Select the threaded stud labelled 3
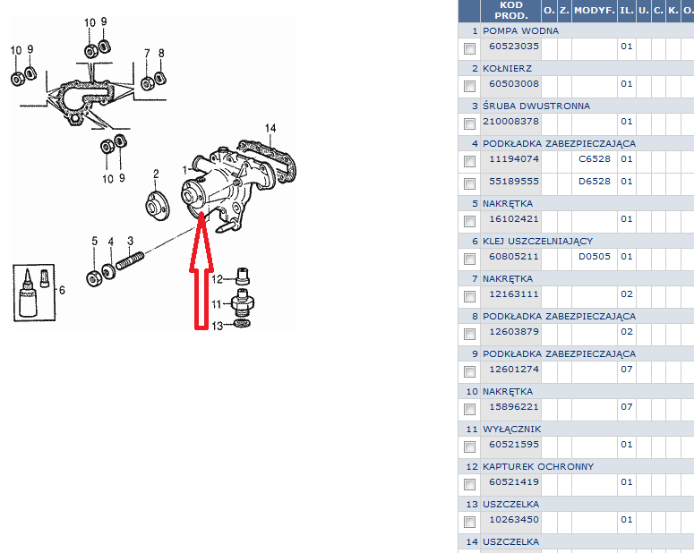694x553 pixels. tap(130, 259)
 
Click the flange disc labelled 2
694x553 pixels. tap(157, 205)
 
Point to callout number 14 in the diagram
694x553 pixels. tap(270, 128)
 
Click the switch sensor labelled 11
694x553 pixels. tap(243, 302)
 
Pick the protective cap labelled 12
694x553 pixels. tap(243, 276)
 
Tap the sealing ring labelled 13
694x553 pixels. tap(242, 323)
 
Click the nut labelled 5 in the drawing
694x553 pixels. tap(94, 278)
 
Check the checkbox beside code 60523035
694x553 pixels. tap(469, 48)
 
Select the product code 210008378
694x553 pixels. tap(510, 121)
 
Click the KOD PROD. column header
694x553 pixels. tap(511, 11)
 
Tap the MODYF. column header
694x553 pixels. tap(595, 11)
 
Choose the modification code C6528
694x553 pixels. tap(595, 158)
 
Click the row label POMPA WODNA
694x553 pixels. tap(520, 31)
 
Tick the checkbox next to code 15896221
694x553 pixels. tap(469, 409)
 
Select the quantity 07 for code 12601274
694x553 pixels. tap(626, 369)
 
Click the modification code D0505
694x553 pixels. tap(595, 256)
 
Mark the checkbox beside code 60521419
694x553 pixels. tap(469, 484)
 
